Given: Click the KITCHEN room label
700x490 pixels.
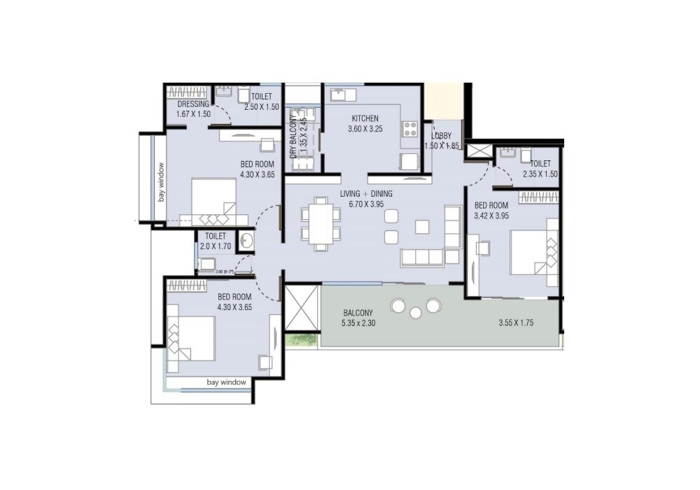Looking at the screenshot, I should pyautogui.click(x=365, y=118).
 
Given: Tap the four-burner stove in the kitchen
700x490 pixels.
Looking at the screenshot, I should pyautogui.click(x=409, y=129).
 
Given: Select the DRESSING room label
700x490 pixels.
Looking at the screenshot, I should pyautogui.click(x=192, y=104).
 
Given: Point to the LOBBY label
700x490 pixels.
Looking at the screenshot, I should pyautogui.click(x=442, y=136).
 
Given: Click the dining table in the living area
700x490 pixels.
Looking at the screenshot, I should pyautogui.click(x=321, y=223).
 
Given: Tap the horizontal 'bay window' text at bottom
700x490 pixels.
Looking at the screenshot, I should pyautogui.click(x=226, y=382).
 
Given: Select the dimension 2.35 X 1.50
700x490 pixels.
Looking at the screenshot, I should pyautogui.click(x=540, y=174).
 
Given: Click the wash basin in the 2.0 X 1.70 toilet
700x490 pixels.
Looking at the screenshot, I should pyautogui.click(x=247, y=241).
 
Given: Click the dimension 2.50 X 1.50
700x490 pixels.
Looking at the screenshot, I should pyautogui.click(x=262, y=107).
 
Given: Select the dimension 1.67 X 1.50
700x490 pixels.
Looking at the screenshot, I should pyautogui.click(x=192, y=113).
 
